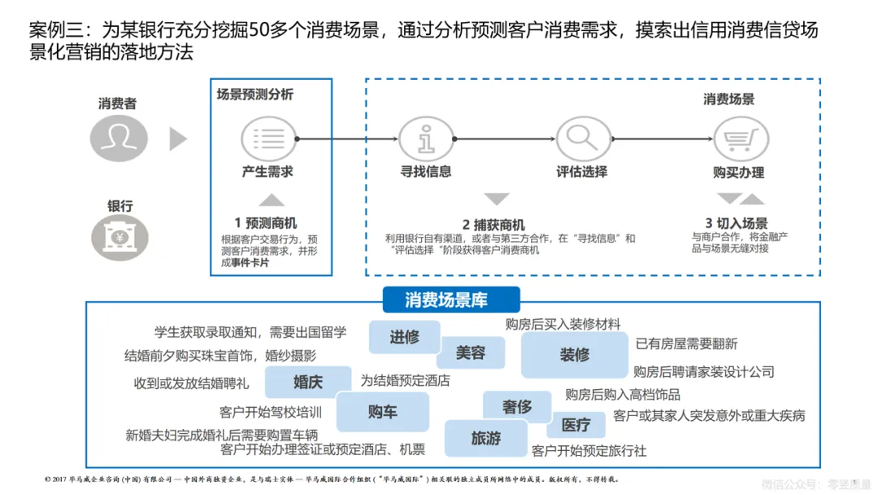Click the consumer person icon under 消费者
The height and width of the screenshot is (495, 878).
point(119,138)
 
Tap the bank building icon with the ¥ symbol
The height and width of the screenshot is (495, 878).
point(119,235)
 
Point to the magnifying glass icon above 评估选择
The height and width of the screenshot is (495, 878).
point(582,138)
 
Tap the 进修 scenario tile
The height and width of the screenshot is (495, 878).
point(404,336)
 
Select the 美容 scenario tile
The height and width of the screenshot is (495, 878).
point(470,353)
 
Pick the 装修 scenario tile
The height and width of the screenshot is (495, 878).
point(575,355)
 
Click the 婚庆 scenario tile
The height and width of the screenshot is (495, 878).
point(308,382)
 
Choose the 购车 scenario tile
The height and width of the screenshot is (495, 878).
point(382,411)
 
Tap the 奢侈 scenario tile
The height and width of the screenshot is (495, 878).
point(517,406)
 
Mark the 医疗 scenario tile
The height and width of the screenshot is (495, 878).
point(576,424)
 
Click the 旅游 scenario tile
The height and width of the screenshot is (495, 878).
point(485,438)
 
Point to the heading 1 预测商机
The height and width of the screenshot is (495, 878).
point(266,223)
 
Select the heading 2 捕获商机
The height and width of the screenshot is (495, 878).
point(493,225)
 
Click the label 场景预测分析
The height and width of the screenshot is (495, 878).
point(255,94)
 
